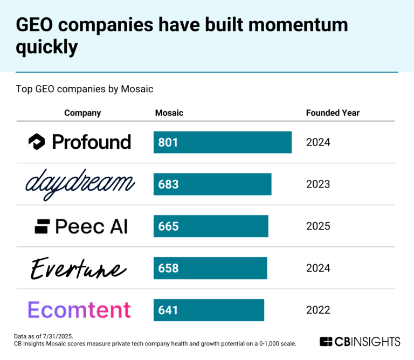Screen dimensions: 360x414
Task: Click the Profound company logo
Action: (x=80, y=142)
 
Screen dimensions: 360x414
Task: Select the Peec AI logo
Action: (x=81, y=226)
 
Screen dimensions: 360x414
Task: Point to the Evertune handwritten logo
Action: (x=79, y=268)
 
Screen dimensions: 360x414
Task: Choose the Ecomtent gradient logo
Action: (x=79, y=310)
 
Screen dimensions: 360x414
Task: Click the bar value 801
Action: (x=168, y=142)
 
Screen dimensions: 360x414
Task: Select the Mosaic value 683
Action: (x=168, y=184)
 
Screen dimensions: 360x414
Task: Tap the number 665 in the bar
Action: (x=168, y=226)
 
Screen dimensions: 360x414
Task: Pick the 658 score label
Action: (x=168, y=268)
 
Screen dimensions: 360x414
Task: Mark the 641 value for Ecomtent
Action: (x=168, y=310)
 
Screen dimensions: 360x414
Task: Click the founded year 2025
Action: (x=318, y=226)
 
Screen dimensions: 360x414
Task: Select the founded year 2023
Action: (x=318, y=184)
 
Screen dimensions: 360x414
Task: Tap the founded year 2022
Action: (x=318, y=310)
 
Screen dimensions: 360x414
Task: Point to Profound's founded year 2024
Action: (x=318, y=142)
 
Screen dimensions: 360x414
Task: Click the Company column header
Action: (x=82, y=113)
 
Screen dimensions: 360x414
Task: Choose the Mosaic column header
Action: (x=169, y=113)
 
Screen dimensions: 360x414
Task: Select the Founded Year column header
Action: (x=333, y=113)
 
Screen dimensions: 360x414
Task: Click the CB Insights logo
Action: (x=360, y=341)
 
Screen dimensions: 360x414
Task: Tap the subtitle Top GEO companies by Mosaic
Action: (x=85, y=89)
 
